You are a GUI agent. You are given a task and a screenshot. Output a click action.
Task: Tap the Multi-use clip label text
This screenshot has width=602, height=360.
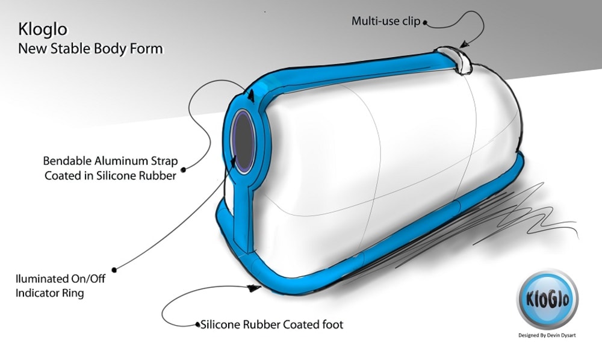point(386,21)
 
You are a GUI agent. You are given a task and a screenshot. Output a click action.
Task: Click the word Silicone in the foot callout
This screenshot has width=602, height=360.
point(223,324)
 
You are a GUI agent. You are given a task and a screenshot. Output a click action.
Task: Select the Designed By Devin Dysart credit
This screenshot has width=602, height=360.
point(547,335)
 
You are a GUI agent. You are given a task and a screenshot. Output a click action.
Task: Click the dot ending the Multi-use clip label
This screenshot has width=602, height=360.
point(425,22)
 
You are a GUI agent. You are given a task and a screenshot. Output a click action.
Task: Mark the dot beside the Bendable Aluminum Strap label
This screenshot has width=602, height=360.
point(184,169)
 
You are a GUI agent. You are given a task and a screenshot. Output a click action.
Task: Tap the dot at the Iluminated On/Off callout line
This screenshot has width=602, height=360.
point(113,270)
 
